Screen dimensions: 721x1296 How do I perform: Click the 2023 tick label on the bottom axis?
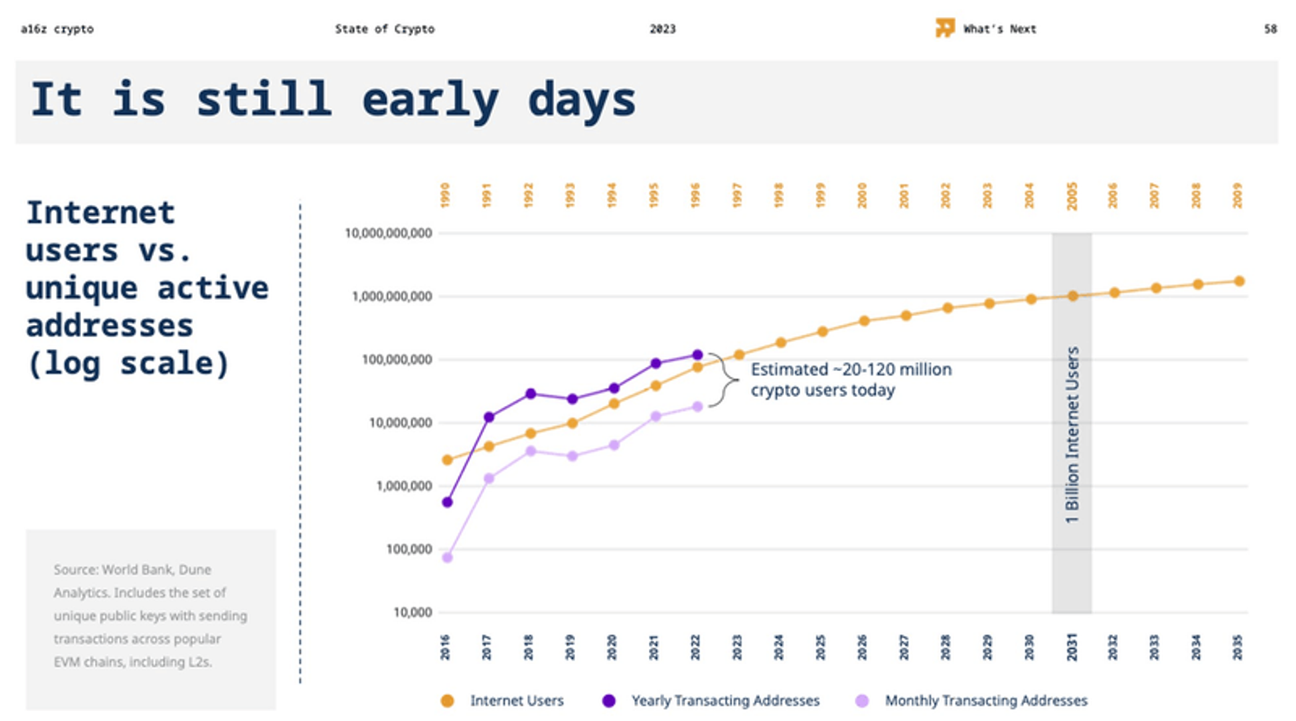pos(738,646)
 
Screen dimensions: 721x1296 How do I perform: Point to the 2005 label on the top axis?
pos(1072,195)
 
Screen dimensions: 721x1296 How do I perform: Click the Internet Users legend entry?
pos(516,700)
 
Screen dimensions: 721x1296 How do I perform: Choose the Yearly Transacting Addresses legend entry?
pos(724,700)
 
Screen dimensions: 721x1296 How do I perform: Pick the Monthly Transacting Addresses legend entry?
pos(985,700)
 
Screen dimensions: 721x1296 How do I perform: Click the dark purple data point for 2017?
pos(489,417)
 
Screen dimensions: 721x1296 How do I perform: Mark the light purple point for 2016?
pos(447,557)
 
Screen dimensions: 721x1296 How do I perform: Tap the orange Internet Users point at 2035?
pos(1238,281)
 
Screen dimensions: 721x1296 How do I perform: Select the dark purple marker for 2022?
pos(697,355)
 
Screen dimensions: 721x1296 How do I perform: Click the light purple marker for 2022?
pos(697,406)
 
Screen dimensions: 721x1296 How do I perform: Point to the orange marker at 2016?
pos(447,459)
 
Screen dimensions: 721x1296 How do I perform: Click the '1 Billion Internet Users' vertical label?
pos(1072,435)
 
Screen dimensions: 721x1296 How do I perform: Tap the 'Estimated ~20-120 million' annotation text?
pos(850,369)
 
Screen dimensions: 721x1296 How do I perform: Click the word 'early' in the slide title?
pos(429,99)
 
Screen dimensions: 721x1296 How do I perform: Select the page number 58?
pos(1270,29)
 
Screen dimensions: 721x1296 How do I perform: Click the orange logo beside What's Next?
pos(944,28)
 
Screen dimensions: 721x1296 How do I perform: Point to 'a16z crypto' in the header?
pos(57,29)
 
